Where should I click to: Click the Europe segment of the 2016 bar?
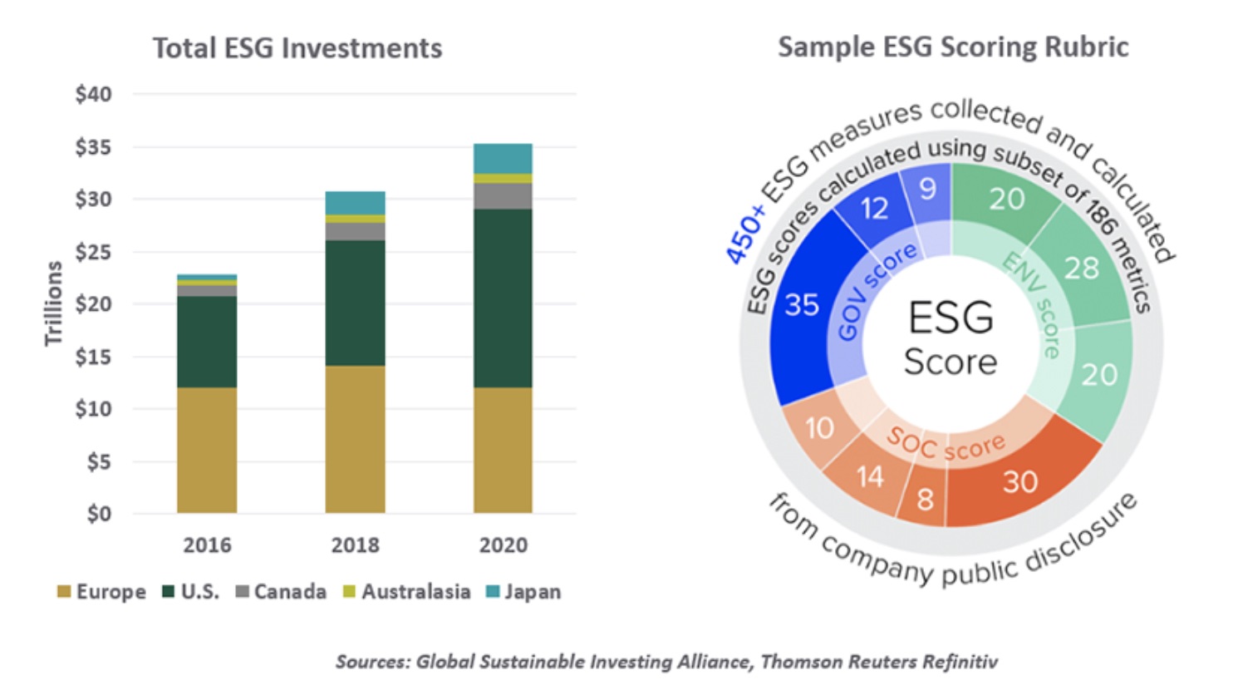tap(207, 450)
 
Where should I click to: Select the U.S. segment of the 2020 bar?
tap(503, 298)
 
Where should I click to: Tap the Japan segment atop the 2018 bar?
tap(355, 203)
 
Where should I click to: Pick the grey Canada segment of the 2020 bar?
tap(503, 196)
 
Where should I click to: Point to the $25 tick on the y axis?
tap(93, 252)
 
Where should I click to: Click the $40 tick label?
tap(93, 94)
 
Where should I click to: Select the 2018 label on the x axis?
tap(355, 545)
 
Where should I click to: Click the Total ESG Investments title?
tap(297, 48)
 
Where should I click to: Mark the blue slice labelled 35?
tap(803, 306)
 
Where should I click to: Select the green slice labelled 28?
tap(1081, 269)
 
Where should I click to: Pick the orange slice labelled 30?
tap(1020, 481)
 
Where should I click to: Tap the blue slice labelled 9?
tap(928, 190)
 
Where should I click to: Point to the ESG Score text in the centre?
tap(951, 339)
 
